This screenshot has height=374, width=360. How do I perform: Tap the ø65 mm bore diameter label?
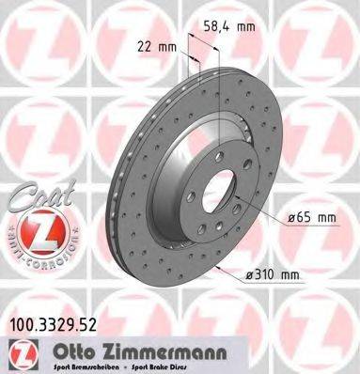(x=309, y=220)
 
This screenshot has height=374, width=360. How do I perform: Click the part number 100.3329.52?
(x=62, y=324)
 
